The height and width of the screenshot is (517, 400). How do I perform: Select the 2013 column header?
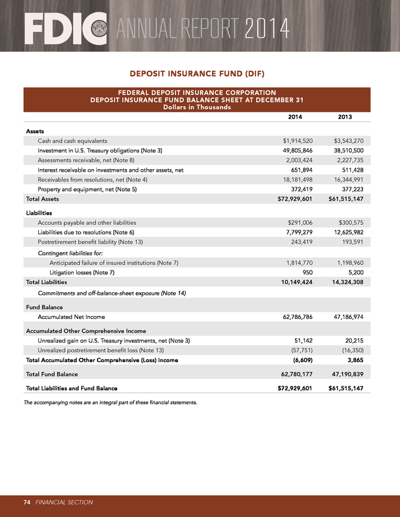click(x=345, y=117)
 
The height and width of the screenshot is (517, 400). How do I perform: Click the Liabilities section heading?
click(x=39, y=213)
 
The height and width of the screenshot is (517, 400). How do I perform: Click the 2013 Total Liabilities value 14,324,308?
click(x=345, y=282)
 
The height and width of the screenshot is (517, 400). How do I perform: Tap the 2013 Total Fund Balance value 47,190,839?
click(x=345, y=374)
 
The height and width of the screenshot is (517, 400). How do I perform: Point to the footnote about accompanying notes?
click(x=110, y=402)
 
